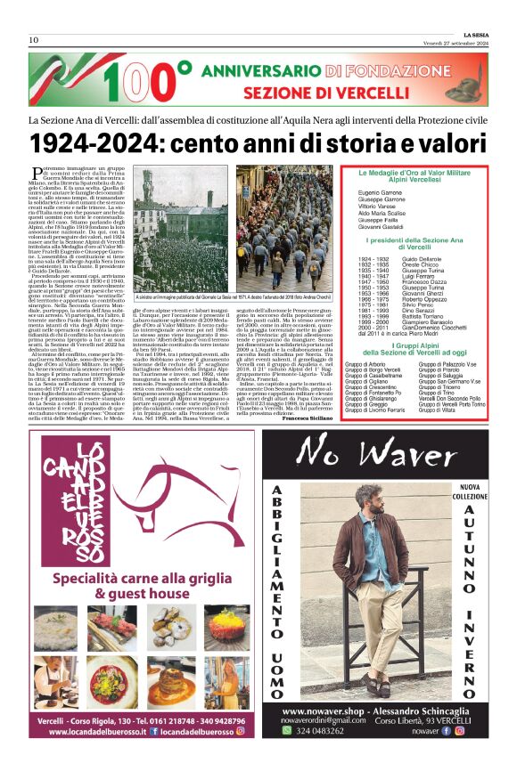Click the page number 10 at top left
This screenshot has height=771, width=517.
pos(34,40)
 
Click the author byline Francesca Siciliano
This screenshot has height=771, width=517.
pos(308,417)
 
